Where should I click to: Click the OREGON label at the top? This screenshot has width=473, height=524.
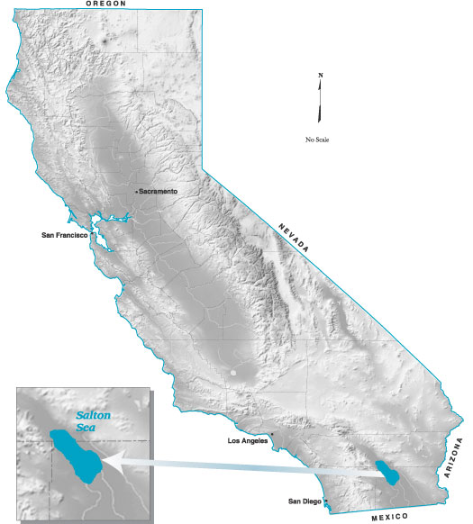(105, 5)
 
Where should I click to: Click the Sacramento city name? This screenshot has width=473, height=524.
(159, 192)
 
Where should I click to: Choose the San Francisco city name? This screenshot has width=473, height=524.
(64, 235)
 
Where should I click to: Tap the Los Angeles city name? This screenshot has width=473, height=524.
(248, 441)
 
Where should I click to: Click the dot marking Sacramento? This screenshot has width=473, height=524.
(136, 192)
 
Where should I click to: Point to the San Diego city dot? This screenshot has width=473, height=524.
(326, 501)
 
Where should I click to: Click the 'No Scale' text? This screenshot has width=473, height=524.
(318, 140)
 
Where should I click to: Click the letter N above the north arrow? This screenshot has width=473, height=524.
(320, 76)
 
